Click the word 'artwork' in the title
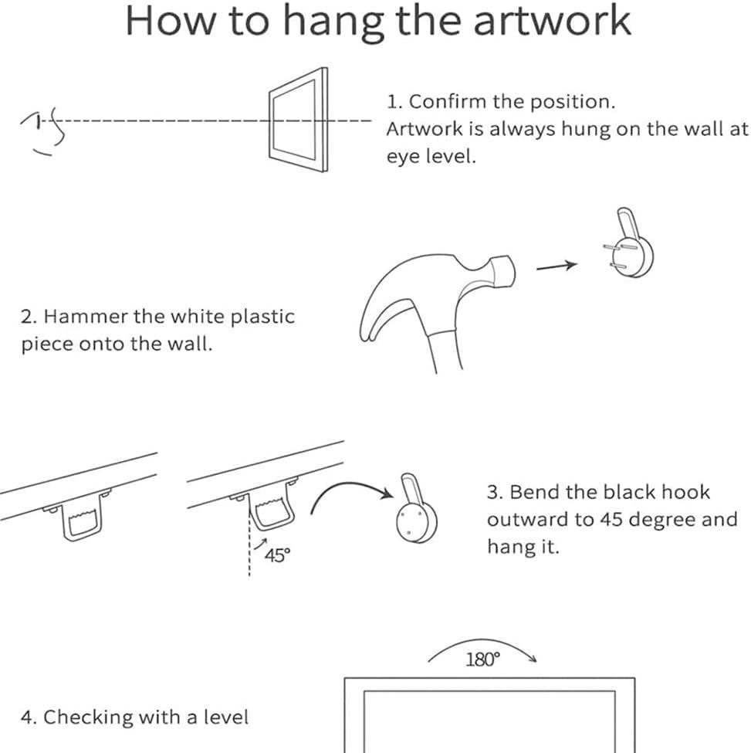click(x=552, y=22)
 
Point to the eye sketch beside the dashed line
click(x=43, y=130)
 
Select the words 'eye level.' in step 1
click(x=431, y=157)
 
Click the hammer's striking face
click(x=505, y=272)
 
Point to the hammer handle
click(x=446, y=350)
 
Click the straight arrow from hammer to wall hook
click(x=556, y=266)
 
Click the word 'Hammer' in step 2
click(x=86, y=317)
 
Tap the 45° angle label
click(x=277, y=555)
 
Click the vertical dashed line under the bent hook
click(x=249, y=543)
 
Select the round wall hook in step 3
click(x=415, y=510)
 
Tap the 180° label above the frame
click(x=482, y=660)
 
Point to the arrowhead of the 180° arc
click(x=532, y=658)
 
